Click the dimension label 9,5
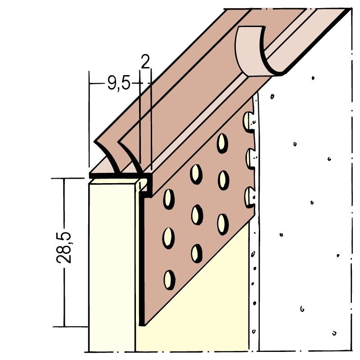pyautogui.click(x=119, y=84)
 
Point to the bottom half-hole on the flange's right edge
pyautogui.click(x=249, y=198)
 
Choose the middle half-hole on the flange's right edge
pyautogui.click(x=249, y=159)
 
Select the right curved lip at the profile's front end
pyautogui.click(x=130, y=156)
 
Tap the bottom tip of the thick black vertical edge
pyautogui.click(x=142, y=323)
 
